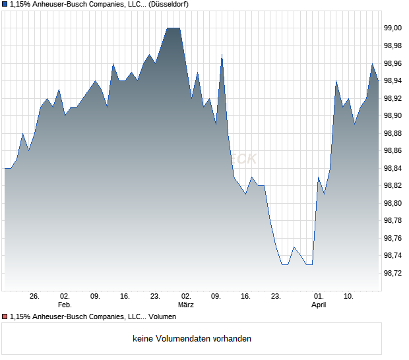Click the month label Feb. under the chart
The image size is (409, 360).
[x=65, y=305]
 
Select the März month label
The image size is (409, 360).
[x=186, y=305]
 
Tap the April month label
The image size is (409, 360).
[x=319, y=305]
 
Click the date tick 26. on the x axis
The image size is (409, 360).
[x=35, y=297]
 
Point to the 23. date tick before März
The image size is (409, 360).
[x=156, y=297]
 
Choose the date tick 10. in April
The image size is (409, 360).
[x=349, y=297]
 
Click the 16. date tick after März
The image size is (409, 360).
[x=246, y=297]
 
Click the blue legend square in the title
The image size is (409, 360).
[x=5, y=5]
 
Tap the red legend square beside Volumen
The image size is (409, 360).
[x=5, y=317]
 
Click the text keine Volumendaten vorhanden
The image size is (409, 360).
[x=192, y=339]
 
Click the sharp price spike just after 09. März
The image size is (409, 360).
[x=222, y=55]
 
